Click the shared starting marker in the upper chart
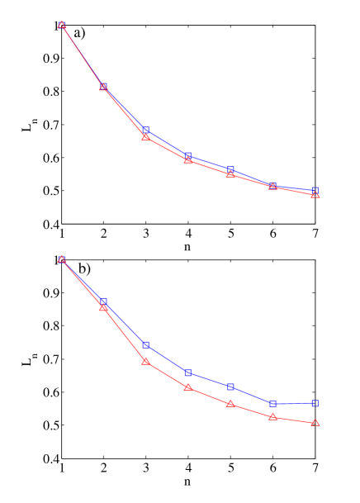pos(62,25)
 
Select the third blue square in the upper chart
pos(145,130)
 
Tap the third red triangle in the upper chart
pos(145,137)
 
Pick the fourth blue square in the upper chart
pos(188,155)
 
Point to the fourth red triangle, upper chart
pos(188,159)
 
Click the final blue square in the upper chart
pos(315,190)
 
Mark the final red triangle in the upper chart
pos(315,194)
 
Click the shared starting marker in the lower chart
pos(62,259)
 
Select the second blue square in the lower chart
pos(103,301)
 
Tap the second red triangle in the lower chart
pos(103,307)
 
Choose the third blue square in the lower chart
pos(145,344)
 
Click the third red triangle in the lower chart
pos(145,361)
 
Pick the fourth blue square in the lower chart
pos(188,373)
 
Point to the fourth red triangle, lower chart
pos(188,387)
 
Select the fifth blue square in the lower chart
pos(230,387)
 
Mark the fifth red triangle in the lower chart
pos(230,404)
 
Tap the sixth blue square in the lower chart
pos(272,403)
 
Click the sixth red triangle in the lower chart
pos(272,417)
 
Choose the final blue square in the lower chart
pos(315,403)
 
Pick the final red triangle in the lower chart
pos(315,422)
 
